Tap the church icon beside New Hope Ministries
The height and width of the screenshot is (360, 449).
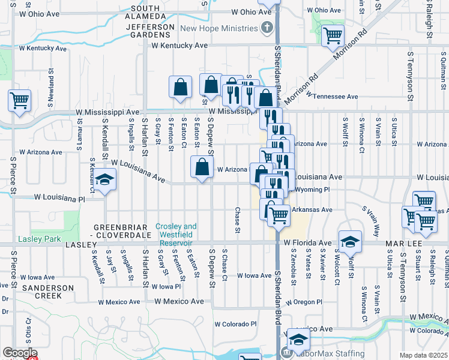click(267, 28)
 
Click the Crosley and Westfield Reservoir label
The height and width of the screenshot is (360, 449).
click(176, 235)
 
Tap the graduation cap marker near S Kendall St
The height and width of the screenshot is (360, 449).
click(104, 181)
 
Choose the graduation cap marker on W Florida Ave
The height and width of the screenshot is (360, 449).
click(350, 242)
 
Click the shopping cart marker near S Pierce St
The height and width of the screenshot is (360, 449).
click(19, 100)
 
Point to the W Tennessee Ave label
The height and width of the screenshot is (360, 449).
click(332, 96)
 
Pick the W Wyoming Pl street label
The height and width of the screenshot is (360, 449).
click(313, 189)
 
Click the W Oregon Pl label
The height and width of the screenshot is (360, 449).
click(304, 302)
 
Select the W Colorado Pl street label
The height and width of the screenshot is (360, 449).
click(236, 324)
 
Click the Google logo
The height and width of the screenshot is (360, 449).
click(19, 353)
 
